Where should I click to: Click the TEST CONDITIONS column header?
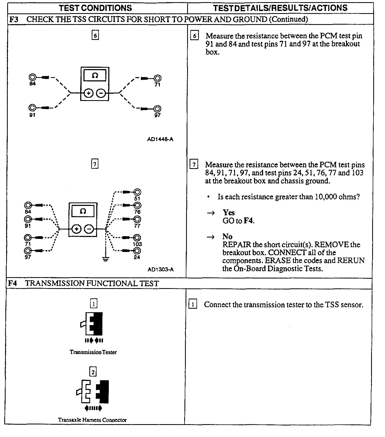[x=95, y=8]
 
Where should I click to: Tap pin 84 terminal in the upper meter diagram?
[x=32, y=78]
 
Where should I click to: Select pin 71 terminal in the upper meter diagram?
[x=158, y=78]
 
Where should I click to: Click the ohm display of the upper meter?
[x=95, y=75]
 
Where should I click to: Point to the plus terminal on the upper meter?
[x=88, y=93]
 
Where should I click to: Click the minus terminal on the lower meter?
[x=89, y=229]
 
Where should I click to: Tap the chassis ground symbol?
[x=106, y=259]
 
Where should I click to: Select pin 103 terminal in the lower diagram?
[x=137, y=238]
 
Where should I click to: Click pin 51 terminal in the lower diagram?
[x=137, y=192]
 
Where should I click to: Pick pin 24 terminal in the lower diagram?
[x=137, y=251]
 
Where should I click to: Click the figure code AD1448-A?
[x=160, y=139]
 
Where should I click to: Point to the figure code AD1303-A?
[x=160, y=269]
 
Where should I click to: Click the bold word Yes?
[x=229, y=213]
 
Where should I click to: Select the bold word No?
[x=227, y=236]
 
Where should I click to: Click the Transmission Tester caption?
[x=93, y=352]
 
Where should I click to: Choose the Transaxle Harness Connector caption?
[x=93, y=420]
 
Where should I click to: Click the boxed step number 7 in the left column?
[x=95, y=164]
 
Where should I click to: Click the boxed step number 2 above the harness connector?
[x=93, y=372]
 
